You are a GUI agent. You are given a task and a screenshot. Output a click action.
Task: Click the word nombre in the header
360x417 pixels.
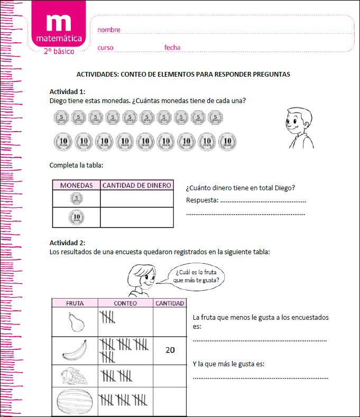(109, 30)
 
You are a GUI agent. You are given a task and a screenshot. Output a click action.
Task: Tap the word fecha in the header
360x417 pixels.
(172, 48)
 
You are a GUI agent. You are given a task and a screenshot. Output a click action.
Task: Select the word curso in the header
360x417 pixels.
(105, 48)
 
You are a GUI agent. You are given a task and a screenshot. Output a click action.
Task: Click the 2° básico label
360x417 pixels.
(59, 51)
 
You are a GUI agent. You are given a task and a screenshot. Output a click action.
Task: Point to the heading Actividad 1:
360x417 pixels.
(67, 91)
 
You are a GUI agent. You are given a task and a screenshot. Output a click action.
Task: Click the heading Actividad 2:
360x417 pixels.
(67, 243)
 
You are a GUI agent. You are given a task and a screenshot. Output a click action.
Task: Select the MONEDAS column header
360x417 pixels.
(76, 186)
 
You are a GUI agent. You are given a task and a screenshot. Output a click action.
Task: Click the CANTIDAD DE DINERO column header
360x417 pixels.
(136, 186)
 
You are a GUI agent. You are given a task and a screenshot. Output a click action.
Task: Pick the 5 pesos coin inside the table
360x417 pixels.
(76, 199)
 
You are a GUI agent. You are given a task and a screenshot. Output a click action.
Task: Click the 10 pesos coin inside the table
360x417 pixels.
(76, 217)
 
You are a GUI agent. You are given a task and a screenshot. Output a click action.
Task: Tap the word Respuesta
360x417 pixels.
(202, 200)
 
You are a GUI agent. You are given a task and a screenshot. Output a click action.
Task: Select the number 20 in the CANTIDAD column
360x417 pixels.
(170, 350)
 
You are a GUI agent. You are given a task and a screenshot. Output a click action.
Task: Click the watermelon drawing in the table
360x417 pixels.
(74, 403)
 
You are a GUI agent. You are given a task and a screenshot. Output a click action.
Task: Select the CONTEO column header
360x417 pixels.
(125, 303)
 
